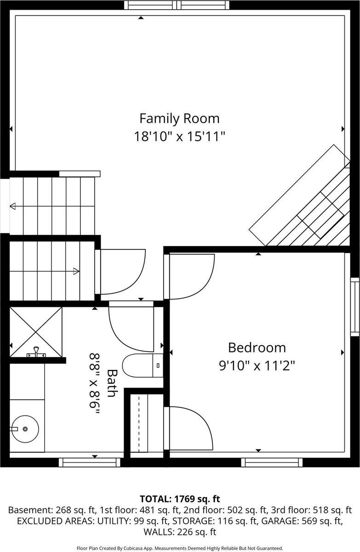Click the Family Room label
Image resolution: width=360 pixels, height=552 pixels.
(x=179, y=118)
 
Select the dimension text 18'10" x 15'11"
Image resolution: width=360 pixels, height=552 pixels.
(x=179, y=137)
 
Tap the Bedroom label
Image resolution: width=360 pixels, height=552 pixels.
(x=257, y=347)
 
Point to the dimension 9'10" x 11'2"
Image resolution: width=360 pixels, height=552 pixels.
(x=257, y=366)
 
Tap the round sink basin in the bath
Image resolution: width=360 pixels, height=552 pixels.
(x=25, y=429)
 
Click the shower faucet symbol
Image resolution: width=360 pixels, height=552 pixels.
(x=34, y=354)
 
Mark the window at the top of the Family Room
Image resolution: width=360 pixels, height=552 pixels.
(x=177, y=5)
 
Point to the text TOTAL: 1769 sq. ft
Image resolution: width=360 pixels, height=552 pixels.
(x=180, y=499)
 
